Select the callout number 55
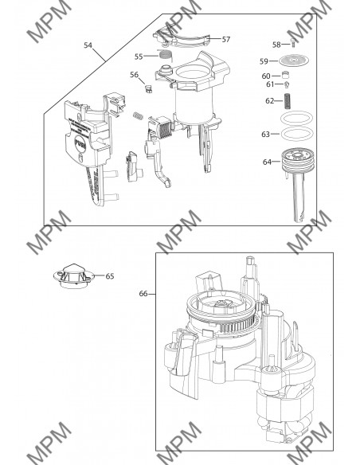[139, 57]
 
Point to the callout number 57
[226, 38]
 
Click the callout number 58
[276, 45]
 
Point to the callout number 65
[110, 276]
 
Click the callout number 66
[143, 294]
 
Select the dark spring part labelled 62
[292, 101]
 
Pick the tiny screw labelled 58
[293, 45]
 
